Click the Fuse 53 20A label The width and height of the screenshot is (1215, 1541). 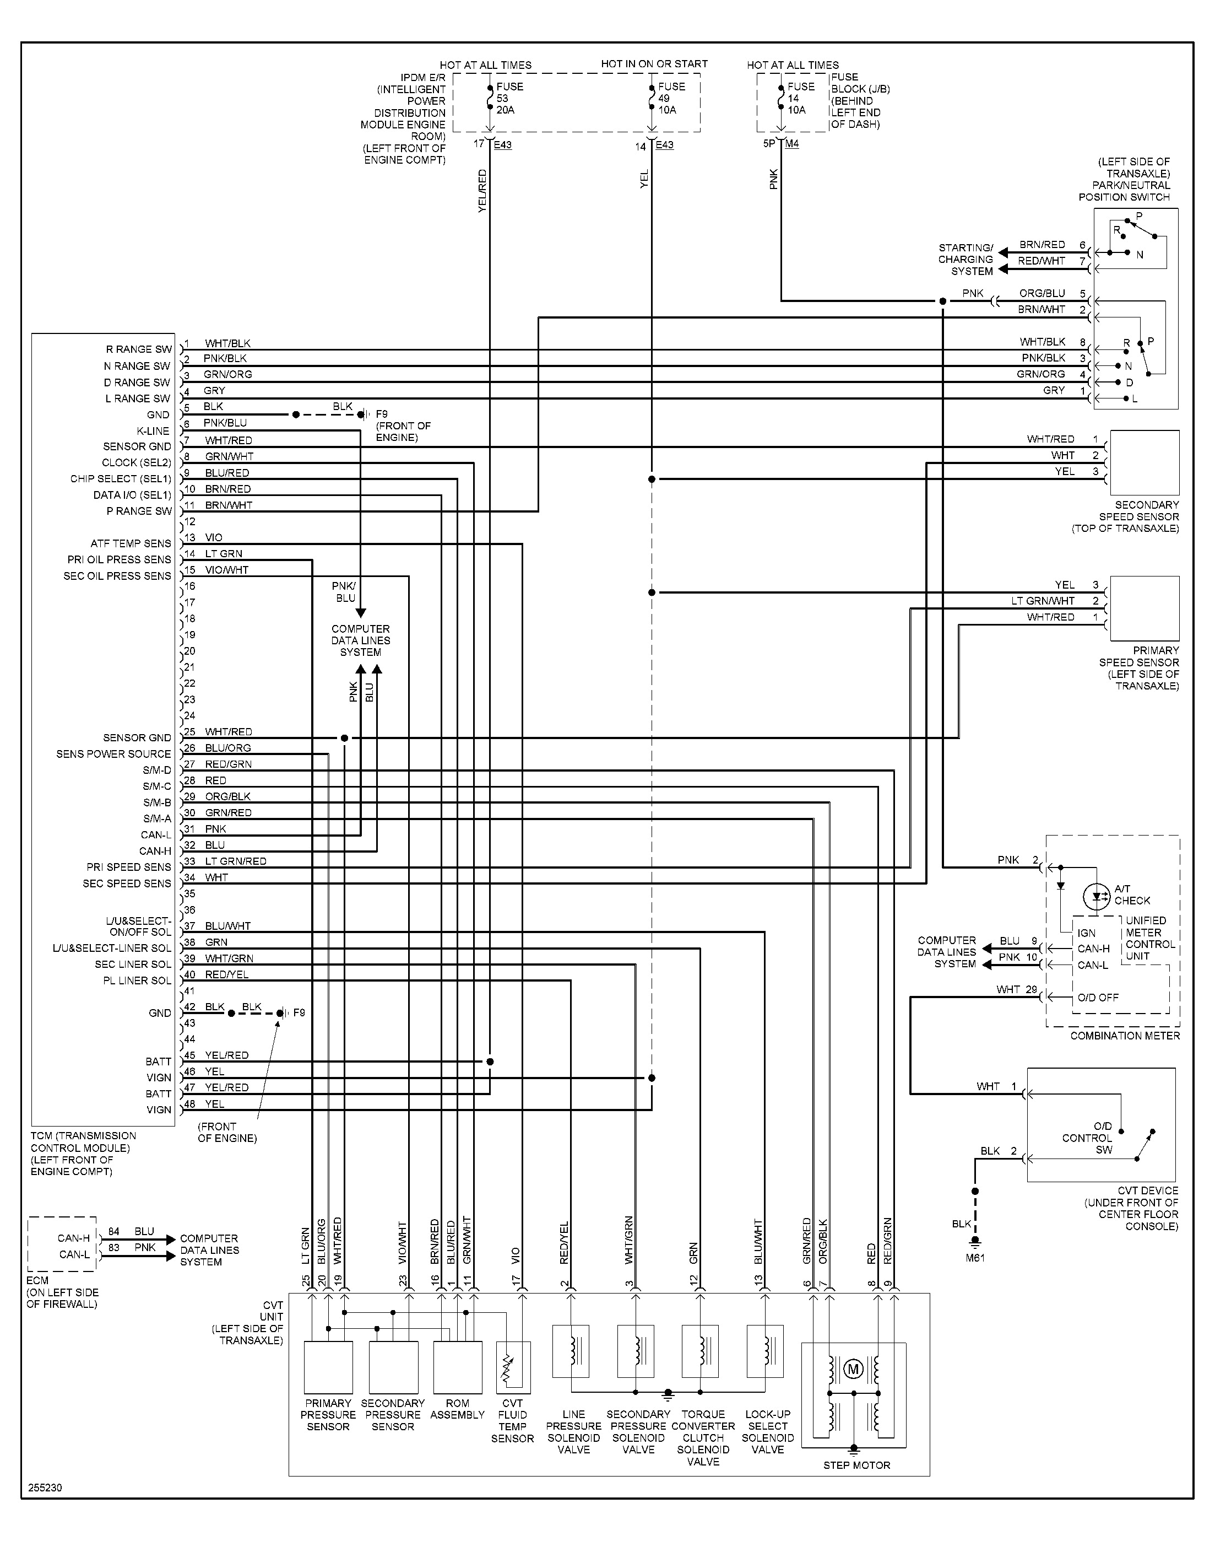509,98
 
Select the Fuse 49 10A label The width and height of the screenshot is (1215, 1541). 671,98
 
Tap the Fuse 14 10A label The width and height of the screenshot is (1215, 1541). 800,98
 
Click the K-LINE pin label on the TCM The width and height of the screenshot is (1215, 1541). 153,430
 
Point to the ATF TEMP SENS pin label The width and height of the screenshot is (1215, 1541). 131,543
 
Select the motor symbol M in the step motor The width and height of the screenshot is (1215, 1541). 853,1368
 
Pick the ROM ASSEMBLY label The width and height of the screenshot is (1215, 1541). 457,1409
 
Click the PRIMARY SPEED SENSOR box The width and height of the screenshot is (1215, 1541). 1144,608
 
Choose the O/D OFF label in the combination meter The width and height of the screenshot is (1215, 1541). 1098,997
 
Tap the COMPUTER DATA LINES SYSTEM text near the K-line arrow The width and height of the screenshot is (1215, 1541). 361,640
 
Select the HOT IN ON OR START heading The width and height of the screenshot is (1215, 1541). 654,64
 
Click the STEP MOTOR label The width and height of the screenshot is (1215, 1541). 856,1465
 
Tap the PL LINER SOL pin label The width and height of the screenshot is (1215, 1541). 137,980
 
